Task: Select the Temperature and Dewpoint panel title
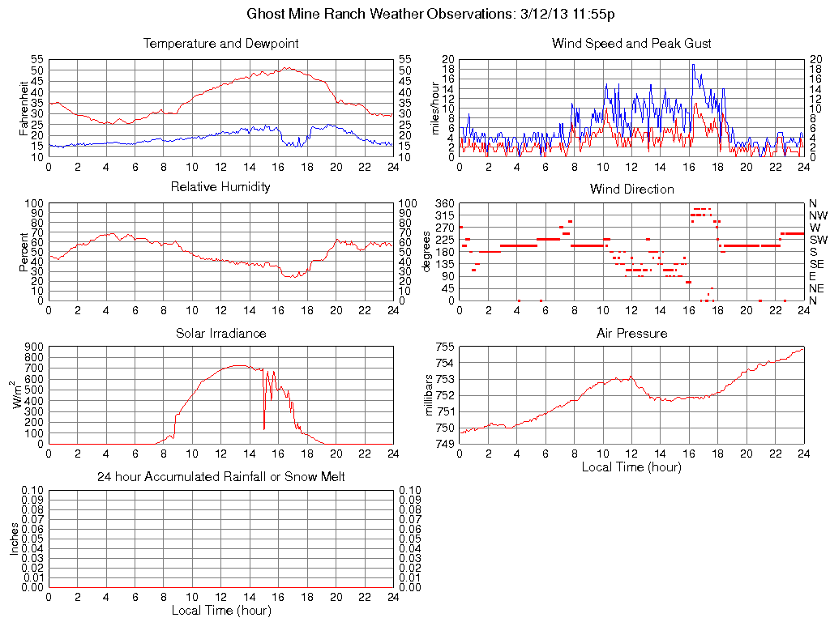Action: (x=220, y=44)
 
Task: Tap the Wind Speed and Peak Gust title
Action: (x=631, y=44)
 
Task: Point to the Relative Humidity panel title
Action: (x=220, y=187)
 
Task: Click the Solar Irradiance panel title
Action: (x=220, y=333)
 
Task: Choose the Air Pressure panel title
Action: (x=631, y=333)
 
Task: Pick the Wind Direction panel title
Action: (x=631, y=189)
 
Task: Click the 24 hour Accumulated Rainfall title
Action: (x=220, y=477)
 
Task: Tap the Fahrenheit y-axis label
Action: (x=24, y=108)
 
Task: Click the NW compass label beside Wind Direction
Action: (x=818, y=215)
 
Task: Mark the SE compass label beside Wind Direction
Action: (x=817, y=264)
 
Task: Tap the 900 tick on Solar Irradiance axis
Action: (x=33, y=347)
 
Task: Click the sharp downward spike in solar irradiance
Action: (x=264, y=428)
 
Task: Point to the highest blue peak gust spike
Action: (x=692, y=65)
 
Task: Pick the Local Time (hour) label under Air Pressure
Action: (x=631, y=466)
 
